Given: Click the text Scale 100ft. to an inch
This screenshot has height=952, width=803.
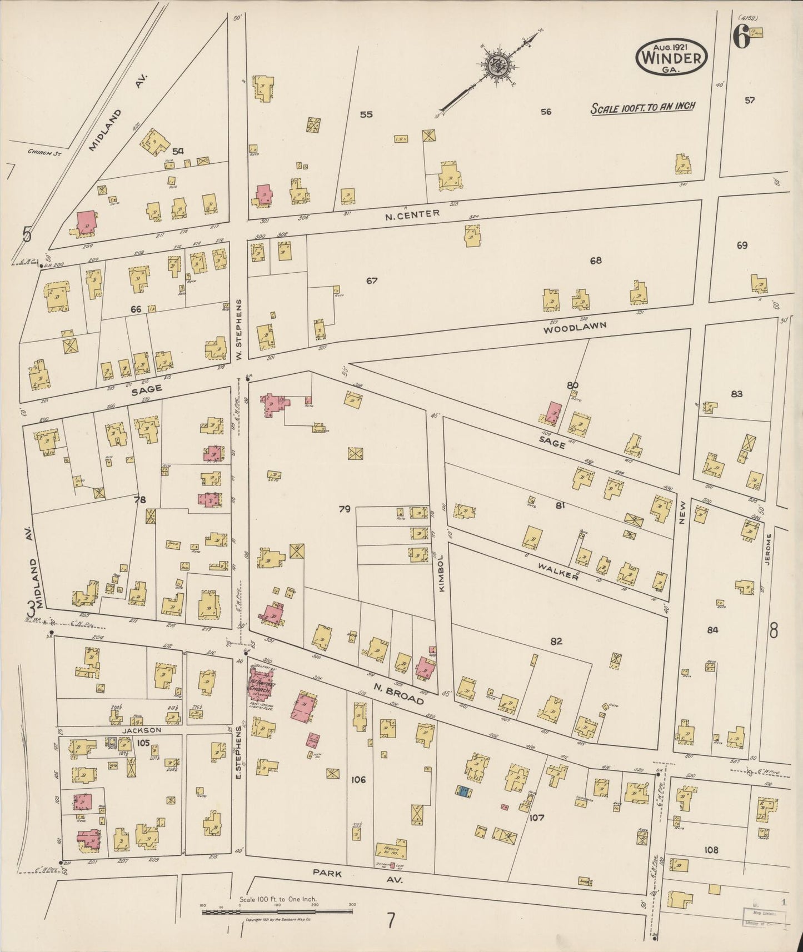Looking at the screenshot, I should [642, 107].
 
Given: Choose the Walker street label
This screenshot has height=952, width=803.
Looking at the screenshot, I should [558, 570].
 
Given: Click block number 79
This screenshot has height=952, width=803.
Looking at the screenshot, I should [345, 508].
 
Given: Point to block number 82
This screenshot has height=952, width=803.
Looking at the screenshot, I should [556, 641].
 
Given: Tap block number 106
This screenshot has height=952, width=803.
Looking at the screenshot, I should [358, 780].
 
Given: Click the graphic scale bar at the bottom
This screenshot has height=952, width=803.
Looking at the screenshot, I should [278, 911].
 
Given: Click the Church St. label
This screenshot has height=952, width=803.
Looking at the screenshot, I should [46, 151].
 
